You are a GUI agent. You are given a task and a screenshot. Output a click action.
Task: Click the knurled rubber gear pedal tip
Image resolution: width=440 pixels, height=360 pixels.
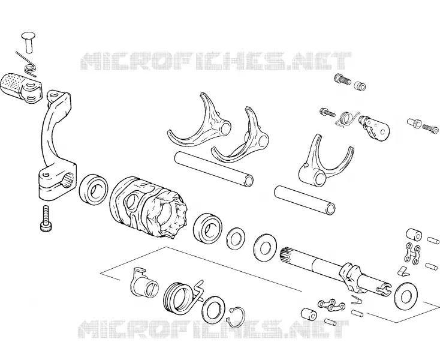coord(13,84)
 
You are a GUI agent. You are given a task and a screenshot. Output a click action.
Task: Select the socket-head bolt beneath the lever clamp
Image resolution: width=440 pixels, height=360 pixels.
coord(45,218)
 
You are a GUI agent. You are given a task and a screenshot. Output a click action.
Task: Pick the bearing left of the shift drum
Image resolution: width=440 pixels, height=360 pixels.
coord(94,190)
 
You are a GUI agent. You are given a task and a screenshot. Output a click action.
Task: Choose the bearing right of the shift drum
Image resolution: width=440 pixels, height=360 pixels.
coord(207,227)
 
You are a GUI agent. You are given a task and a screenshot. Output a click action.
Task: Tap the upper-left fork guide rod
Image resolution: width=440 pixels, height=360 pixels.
coord(214,169)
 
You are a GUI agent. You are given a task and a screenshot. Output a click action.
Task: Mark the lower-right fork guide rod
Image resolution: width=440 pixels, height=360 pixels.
coord(305,200)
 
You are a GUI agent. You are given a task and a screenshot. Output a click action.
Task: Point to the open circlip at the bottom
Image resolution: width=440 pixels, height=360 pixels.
coord(237,317)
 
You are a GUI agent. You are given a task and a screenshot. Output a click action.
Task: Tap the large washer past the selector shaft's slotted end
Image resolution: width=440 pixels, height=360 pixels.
coord(405,296)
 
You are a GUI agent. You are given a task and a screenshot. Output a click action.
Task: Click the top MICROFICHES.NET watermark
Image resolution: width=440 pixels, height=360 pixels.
coord(216,61)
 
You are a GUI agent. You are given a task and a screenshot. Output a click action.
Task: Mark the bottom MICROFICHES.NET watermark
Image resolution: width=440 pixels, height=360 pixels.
coord(213,329)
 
